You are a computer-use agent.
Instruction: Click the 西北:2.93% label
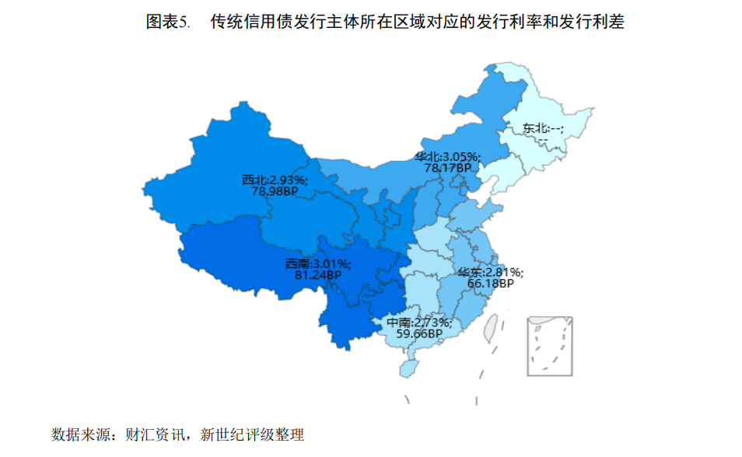pyautogui.click(x=275, y=180)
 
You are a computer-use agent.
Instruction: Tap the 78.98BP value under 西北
pyautogui.click(x=275, y=190)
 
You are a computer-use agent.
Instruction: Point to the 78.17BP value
pyautogui.click(x=447, y=167)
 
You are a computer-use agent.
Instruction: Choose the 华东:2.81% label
pyautogui.click(x=490, y=273)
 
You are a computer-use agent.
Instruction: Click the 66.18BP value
pyautogui.click(x=490, y=284)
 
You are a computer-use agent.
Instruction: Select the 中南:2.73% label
pyautogui.click(x=419, y=323)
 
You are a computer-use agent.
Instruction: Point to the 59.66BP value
pyautogui.click(x=419, y=333)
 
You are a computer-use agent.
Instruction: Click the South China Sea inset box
pyautogui.click(x=550, y=346)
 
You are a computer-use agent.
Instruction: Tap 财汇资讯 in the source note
pyautogui.click(x=154, y=434)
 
